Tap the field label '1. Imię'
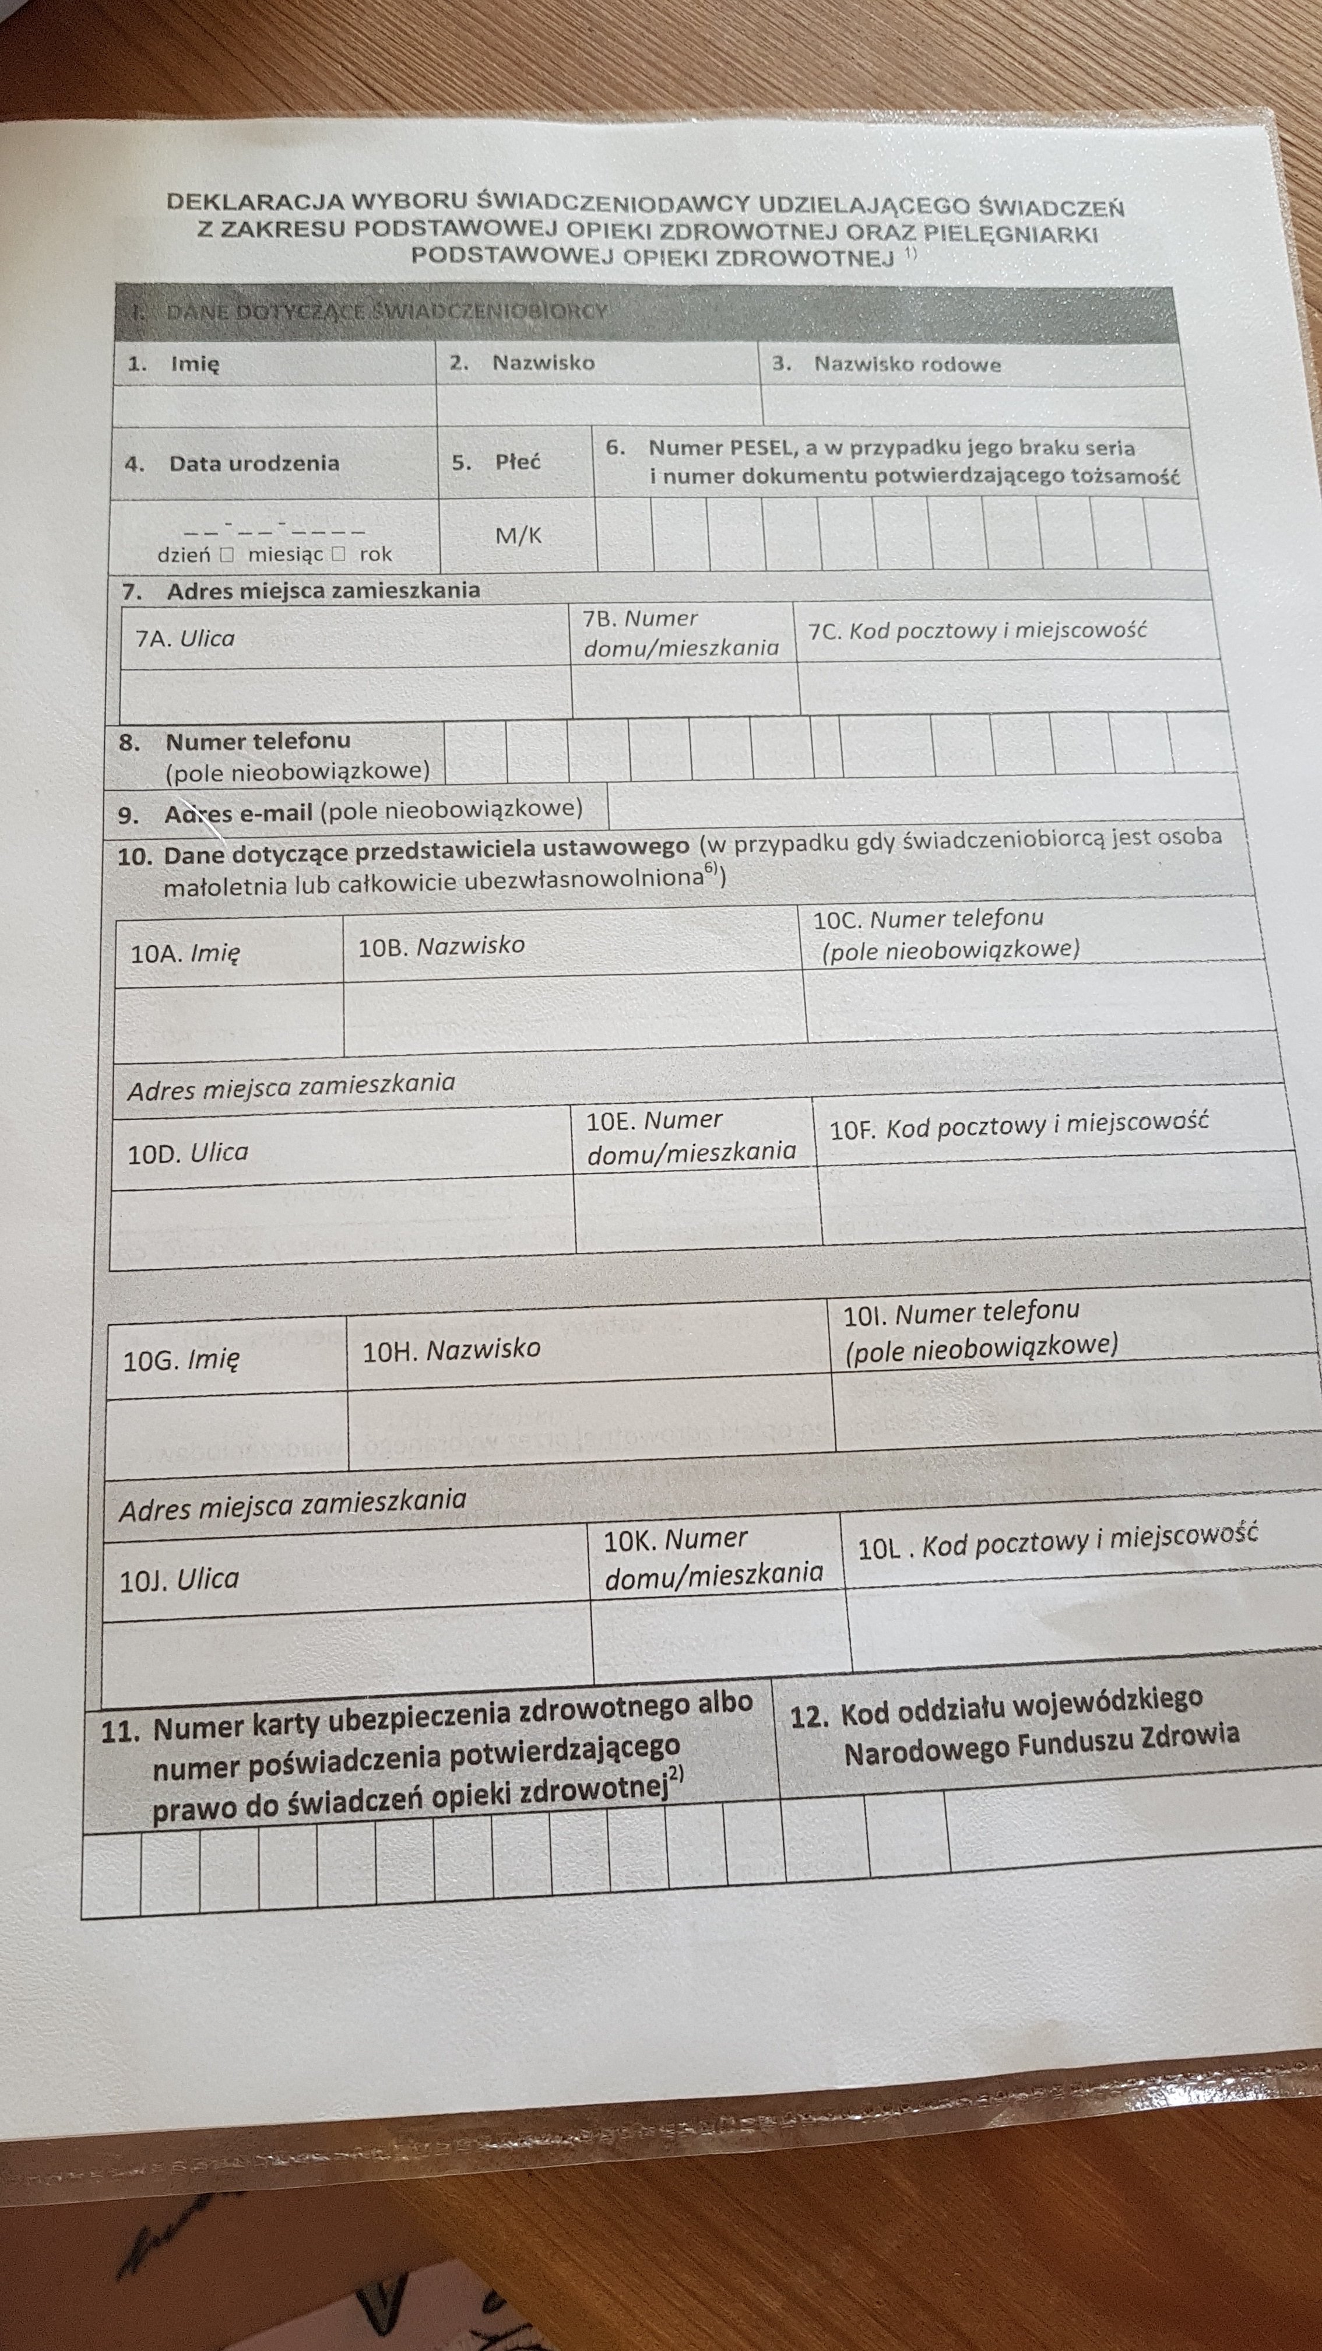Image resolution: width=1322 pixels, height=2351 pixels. pyautogui.click(x=173, y=363)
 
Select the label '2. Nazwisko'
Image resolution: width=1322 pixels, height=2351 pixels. pyautogui.click(x=522, y=362)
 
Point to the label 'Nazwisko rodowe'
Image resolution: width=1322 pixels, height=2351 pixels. pyautogui.click(x=907, y=364)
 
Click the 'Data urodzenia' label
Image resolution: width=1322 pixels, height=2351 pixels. pyautogui.click(x=254, y=463)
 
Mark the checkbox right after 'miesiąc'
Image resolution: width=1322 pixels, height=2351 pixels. pyautogui.click(x=339, y=554)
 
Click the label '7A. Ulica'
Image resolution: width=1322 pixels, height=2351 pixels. pyautogui.click(x=185, y=638)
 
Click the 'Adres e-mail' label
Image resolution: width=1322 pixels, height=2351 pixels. pyautogui.click(x=239, y=812)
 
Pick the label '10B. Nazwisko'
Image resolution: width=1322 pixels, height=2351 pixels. pyautogui.click(x=442, y=946)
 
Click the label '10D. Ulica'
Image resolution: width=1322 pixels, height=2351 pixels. pyautogui.click(x=188, y=1153)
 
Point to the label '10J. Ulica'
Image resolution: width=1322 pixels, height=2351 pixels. pyautogui.click(x=179, y=1579)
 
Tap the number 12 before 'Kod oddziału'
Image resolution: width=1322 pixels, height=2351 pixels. pyautogui.click(x=808, y=1717)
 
